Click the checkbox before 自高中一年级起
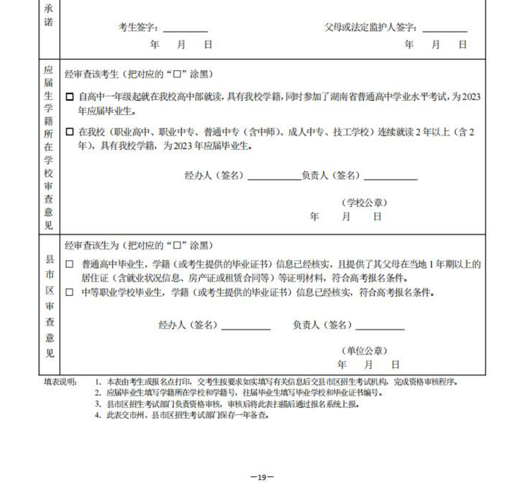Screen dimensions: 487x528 (x=69, y=97)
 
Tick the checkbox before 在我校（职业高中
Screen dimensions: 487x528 (x=69, y=132)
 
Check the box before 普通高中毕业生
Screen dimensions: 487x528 (x=69, y=265)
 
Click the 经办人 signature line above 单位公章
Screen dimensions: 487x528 (x=246, y=328)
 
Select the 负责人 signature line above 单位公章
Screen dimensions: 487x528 (x=380, y=328)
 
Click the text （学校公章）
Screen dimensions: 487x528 (x=364, y=203)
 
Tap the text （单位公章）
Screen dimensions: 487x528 (x=364, y=351)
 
